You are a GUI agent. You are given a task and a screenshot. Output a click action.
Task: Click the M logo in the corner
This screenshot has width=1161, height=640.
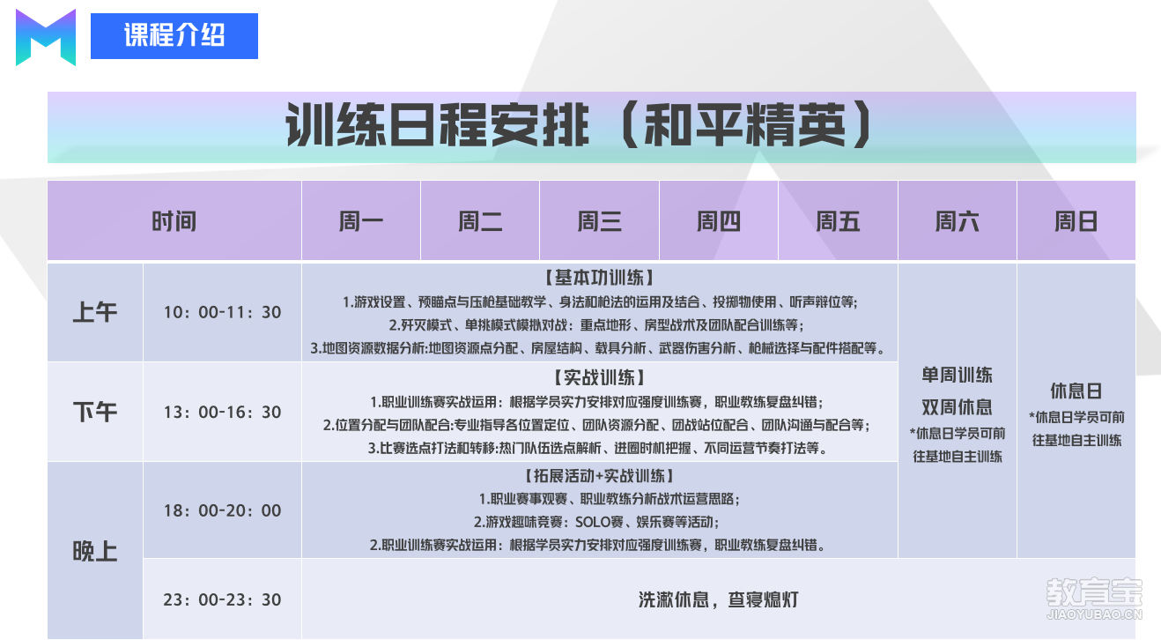pos(46,37)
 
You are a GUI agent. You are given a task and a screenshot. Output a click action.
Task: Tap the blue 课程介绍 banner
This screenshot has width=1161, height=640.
pos(174,36)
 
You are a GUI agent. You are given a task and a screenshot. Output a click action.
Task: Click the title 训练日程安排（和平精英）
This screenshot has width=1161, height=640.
pos(579,125)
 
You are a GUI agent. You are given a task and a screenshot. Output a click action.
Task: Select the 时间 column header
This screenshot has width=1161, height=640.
pos(174,221)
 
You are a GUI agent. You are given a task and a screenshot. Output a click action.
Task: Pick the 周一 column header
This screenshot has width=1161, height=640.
pos(361,221)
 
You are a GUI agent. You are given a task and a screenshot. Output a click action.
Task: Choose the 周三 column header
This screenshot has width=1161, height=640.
pos(599,221)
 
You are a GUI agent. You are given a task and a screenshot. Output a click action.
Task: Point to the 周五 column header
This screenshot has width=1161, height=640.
pos(838,221)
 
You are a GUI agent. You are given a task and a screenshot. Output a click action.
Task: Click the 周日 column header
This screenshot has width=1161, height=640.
pos(1076,221)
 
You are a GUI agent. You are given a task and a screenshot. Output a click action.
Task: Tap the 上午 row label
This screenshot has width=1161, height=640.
pos(95,312)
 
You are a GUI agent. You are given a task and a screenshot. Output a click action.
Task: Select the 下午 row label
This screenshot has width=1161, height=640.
pos(95,412)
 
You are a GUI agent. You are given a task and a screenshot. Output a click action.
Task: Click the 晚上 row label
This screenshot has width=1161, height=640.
pos(95,551)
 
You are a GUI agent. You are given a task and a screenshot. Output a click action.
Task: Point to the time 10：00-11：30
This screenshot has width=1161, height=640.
pos(222,312)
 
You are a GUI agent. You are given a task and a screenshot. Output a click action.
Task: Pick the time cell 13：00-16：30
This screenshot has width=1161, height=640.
pos(222,412)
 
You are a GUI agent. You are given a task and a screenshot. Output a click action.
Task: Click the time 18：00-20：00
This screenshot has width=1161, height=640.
pos(222,510)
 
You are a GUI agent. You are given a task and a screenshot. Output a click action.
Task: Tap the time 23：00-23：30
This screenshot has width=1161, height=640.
pos(222,599)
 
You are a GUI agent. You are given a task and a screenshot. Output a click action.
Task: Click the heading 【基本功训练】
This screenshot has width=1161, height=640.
pos(599,278)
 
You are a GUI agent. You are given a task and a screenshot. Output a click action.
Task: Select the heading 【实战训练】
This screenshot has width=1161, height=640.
pos(599,377)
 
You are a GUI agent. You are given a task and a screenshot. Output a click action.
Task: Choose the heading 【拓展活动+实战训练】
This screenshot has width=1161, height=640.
pos(599,476)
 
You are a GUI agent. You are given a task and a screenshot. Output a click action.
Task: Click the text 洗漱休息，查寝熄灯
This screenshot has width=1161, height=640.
pos(719,599)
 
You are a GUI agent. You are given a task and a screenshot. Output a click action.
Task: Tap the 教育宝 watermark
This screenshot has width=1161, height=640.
pos(1094,598)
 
